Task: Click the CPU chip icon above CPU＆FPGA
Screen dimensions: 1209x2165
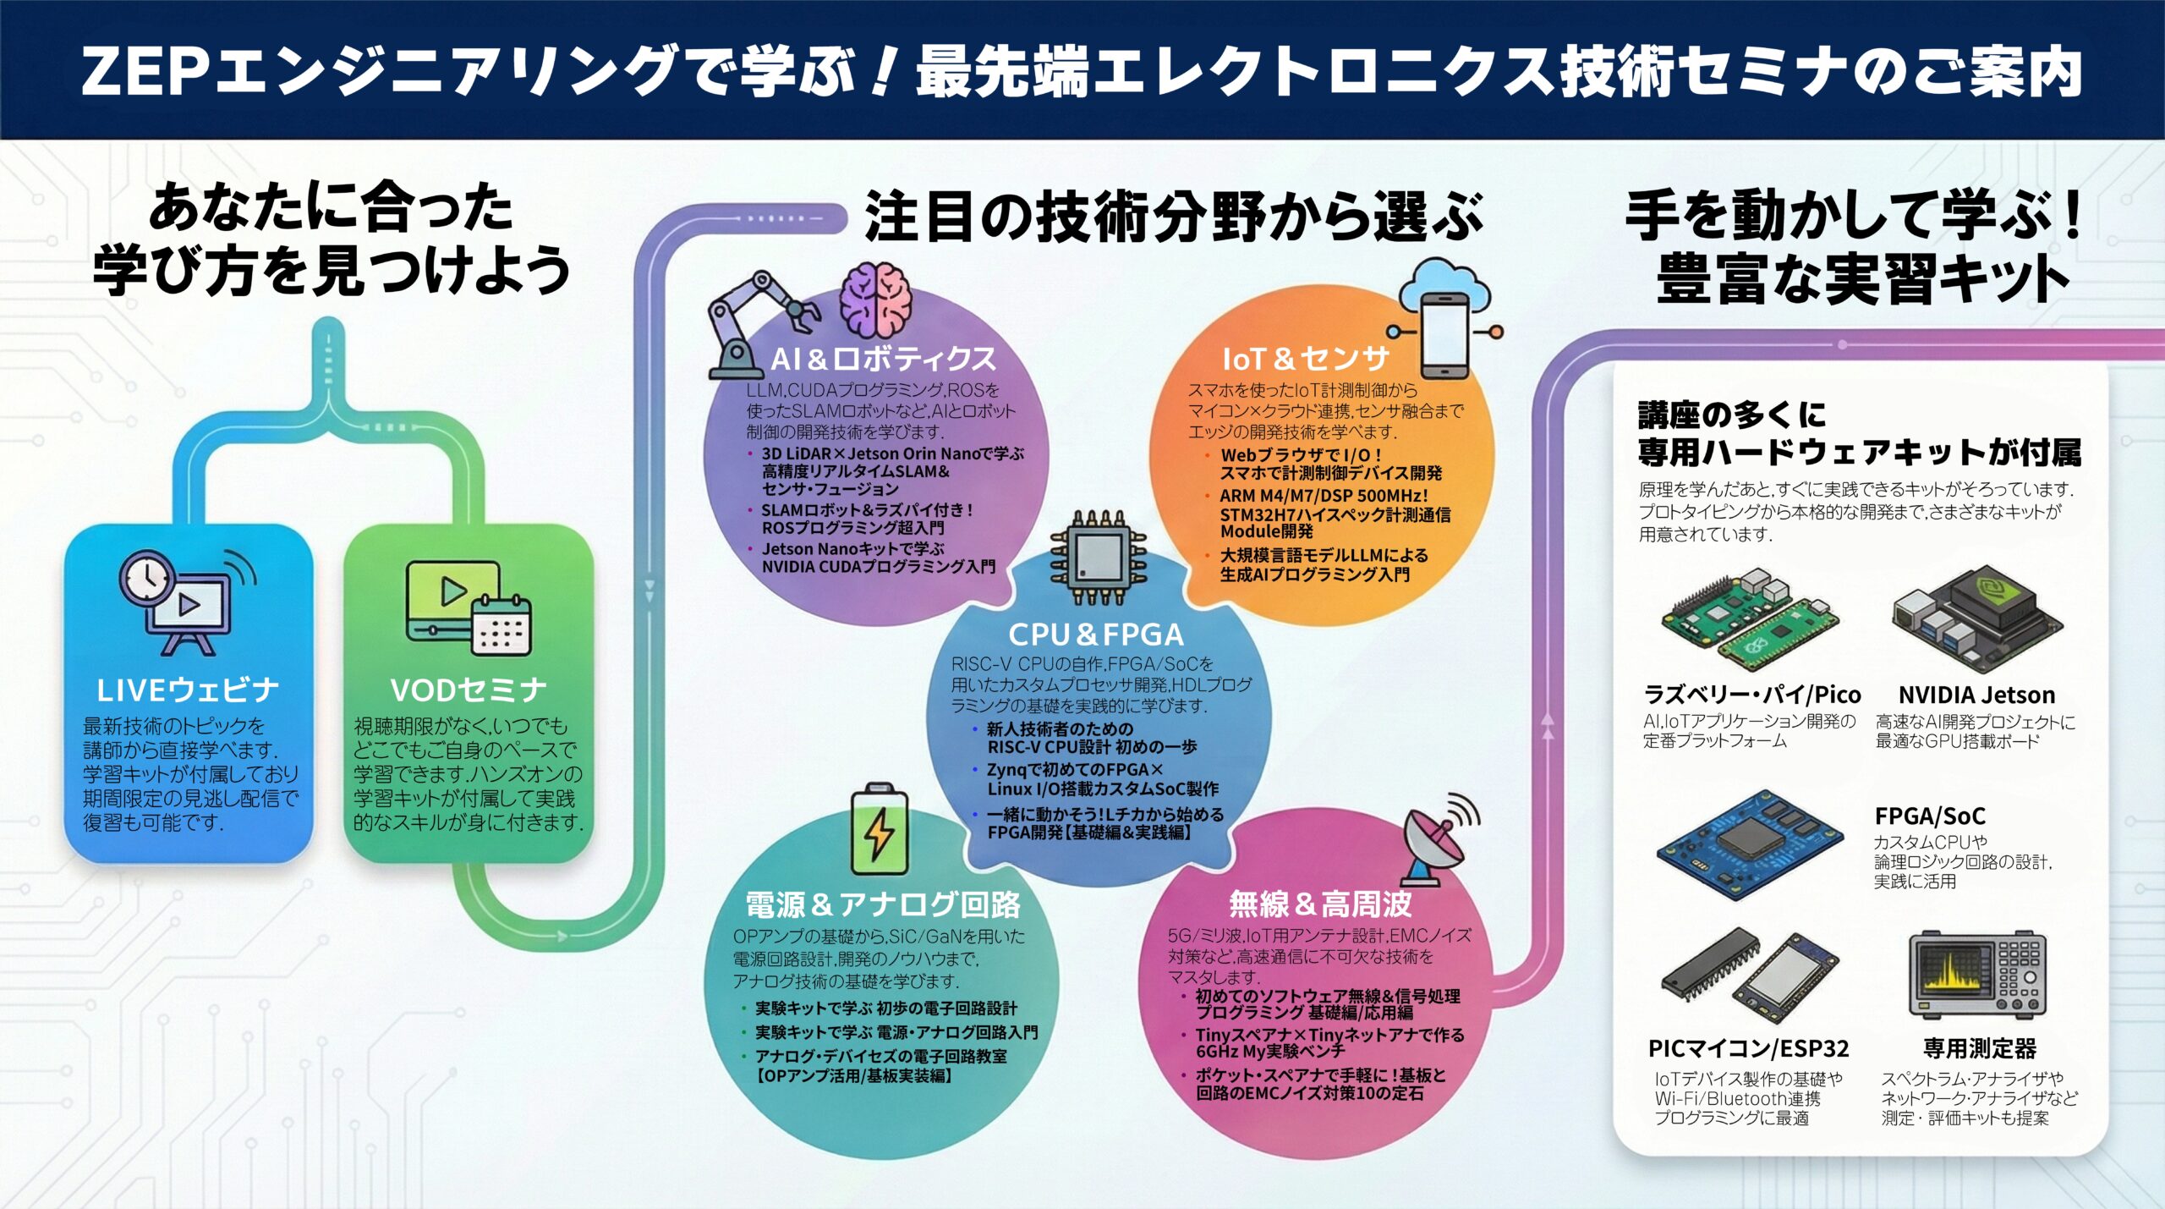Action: coord(1098,557)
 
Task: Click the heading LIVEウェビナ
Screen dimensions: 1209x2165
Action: coord(188,690)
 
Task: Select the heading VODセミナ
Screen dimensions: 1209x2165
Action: coord(468,690)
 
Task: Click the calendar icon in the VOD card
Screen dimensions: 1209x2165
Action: coord(502,625)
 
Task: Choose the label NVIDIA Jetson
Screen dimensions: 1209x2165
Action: coord(1976,695)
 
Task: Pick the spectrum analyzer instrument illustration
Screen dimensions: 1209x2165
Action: coord(1976,975)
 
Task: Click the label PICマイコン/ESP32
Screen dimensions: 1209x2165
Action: coord(1748,1048)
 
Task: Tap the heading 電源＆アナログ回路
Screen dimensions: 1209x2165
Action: coord(882,904)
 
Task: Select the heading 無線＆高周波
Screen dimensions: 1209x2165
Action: coord(1320,904)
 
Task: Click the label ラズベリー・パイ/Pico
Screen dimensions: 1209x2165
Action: coord(1751,695)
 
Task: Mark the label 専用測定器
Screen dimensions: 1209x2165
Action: coord(1979,1048)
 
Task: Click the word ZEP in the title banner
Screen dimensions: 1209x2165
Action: coord(144,71)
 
